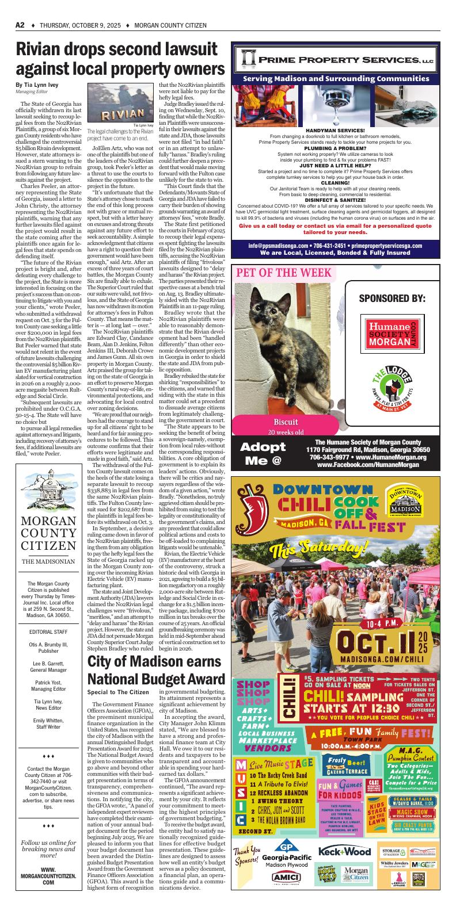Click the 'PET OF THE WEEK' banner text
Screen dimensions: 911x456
coord(282,272)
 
